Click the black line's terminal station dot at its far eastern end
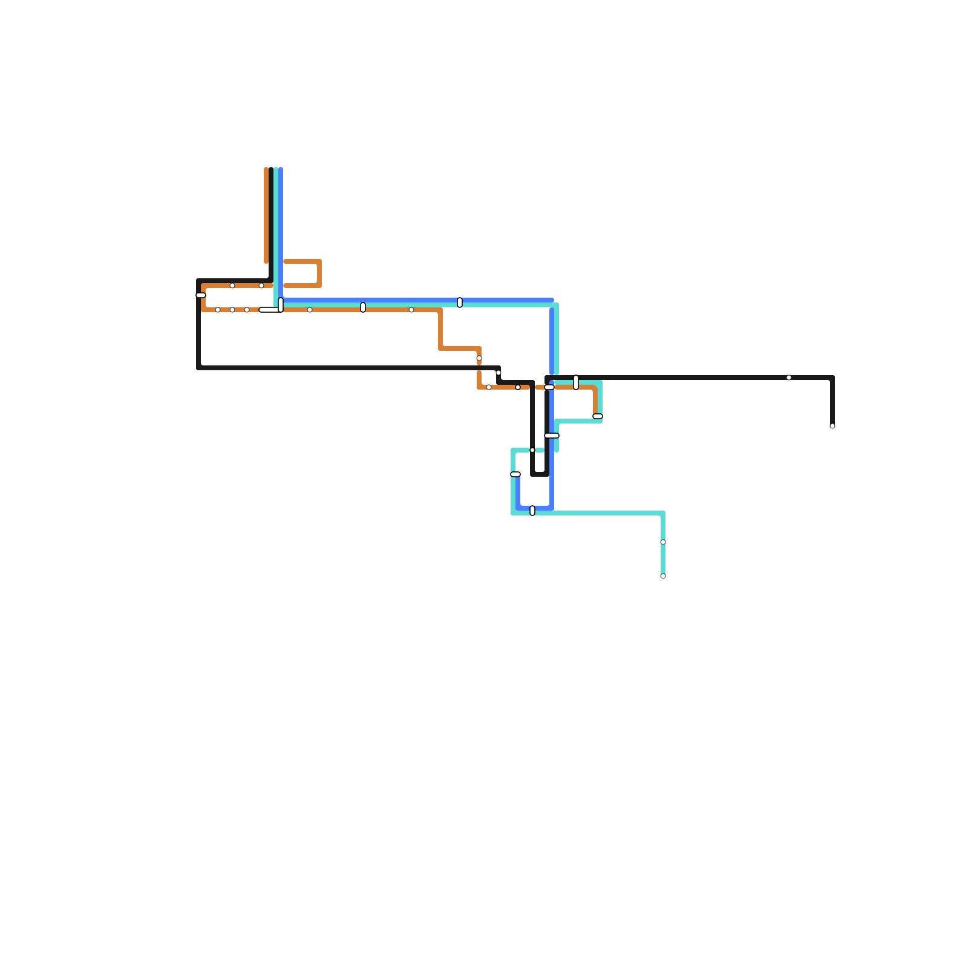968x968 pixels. (x=832, y=426)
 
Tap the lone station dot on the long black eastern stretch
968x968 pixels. (x=789, y=378)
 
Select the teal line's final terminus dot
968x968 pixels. (x=663, y=576)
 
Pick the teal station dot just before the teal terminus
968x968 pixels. (x=663, y=542)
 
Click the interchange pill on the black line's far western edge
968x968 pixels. (x=201, y=295)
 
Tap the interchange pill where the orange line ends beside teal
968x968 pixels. (x=598, y=416)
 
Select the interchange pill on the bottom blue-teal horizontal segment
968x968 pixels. (x=532, y=511)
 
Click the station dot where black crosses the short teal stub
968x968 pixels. (x=532, y=450)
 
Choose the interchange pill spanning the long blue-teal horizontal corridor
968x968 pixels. (x=460, y=302)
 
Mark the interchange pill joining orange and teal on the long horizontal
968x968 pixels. (x=363, y=307)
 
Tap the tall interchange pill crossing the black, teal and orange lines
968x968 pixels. (x=576, y=382)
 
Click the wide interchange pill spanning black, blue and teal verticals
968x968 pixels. (x=552, y=436)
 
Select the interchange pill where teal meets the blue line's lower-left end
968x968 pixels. (x=515, y=474)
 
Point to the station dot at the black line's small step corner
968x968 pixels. (x=499, y=373)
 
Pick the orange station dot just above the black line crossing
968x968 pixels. (x=479, y=358)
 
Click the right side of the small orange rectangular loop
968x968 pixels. (x=319, y=273)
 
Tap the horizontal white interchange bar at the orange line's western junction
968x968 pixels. (x=269, y=310)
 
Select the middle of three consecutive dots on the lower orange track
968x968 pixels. (x=232, y=310)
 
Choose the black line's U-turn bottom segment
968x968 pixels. (x=540, y=474)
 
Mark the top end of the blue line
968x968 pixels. (x=281, y=169)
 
